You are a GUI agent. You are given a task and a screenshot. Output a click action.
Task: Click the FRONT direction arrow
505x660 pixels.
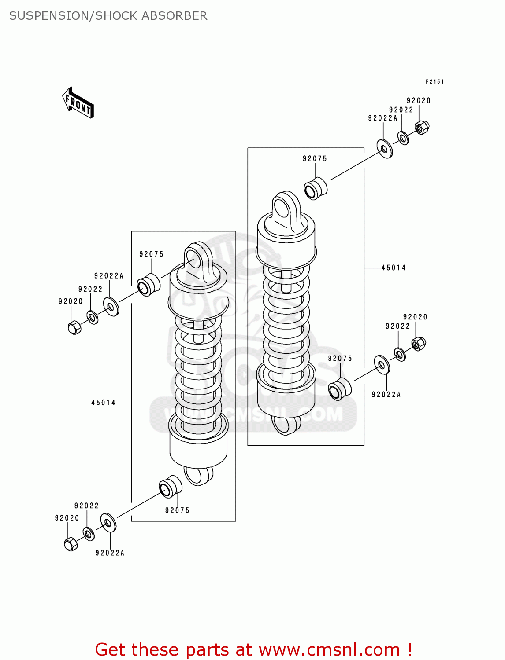78,103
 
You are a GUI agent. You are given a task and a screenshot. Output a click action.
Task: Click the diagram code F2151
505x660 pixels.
434,81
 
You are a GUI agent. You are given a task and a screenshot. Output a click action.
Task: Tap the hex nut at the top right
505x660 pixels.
422,127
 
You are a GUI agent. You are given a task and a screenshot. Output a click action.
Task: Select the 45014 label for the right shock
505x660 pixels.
393,268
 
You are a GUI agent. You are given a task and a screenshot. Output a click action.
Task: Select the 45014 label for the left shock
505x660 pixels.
103,403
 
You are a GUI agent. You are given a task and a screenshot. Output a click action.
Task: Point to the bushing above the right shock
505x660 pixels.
316,189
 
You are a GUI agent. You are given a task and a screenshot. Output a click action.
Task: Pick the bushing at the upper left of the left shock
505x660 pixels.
148,285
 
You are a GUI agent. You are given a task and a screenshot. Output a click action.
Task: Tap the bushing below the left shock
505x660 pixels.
170,487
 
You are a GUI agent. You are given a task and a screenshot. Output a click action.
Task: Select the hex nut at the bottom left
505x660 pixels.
71,544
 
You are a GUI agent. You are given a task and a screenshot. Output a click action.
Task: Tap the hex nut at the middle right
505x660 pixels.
418,343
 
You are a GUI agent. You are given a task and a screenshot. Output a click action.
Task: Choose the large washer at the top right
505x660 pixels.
385,149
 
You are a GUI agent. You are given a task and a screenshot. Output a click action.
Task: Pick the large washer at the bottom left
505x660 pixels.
108,522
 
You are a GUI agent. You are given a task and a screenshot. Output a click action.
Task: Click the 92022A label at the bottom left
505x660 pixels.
110,553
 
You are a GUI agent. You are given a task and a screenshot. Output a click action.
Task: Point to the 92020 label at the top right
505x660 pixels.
418,101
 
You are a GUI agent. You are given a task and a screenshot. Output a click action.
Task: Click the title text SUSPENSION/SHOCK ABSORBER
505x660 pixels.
108,16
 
